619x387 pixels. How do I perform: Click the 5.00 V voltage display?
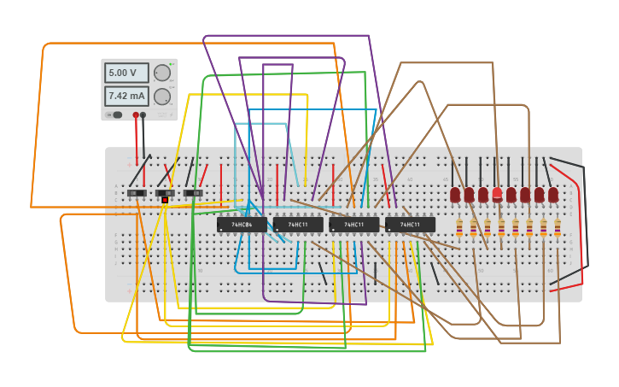click(x=126, y=73)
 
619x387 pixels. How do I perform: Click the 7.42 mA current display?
click(x=126, y=95)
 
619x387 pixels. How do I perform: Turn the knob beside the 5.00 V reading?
click(x=161, y=73)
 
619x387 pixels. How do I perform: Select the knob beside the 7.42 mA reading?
click(x=161, y=96)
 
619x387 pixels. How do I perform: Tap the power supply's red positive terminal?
click(x=136, y=114)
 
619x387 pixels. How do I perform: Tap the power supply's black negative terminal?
click(x=143, y=114)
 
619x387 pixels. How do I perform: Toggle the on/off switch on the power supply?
click(x=115, y=114)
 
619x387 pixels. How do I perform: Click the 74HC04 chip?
click(x=242, y=225)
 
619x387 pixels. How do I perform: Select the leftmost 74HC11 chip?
click(x=298, y=225)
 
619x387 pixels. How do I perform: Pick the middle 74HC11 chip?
click(x=353, y=225)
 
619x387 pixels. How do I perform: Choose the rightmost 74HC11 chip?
click(x=410, y=225)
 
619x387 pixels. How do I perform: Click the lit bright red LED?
click(x=497, y=194)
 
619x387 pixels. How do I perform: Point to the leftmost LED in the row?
click(x=455, y=195)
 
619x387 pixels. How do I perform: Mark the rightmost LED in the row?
click(x=553, y=195)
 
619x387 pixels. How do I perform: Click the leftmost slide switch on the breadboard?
click(x=137, y=193)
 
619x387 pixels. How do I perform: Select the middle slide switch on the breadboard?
click(x=166, y=193)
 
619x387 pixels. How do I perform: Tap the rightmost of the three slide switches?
click(x=195, y=193)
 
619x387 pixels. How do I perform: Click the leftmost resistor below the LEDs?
click(x=459, y=227)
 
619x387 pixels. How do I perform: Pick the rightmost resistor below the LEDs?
click(x=558, y=227)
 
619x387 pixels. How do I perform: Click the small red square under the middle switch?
click(x=165, y=200)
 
